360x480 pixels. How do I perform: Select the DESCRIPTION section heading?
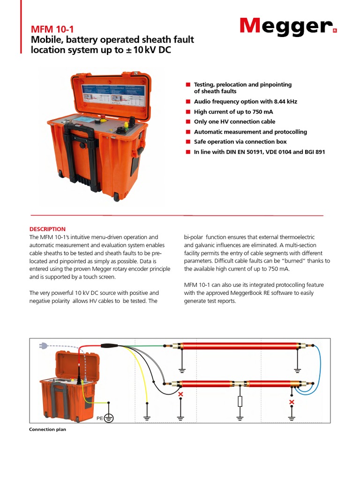(47, 229)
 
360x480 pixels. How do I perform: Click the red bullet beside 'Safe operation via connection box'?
(188, 142)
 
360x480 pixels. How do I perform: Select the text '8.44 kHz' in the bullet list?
(284, 101)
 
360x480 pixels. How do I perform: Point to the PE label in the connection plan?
(99, 417)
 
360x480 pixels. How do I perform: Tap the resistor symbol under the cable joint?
(240, 401)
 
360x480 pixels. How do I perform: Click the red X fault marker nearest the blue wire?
(292, 402)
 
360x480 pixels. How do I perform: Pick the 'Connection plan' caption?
(47, 429)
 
